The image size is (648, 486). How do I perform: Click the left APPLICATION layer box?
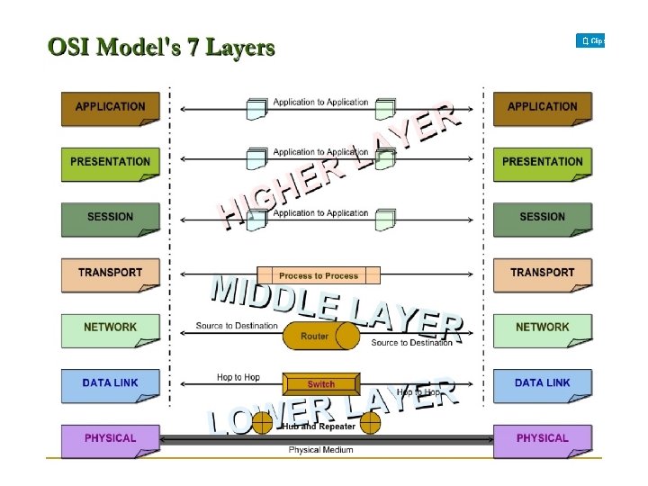click(110, 107)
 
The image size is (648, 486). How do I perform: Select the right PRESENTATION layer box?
click(542, 162)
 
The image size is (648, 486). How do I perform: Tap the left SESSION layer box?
click(110, 217)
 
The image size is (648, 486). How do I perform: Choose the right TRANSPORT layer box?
click(542, 273)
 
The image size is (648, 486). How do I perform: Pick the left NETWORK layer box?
click(110, 328)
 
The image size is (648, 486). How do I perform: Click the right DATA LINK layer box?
click(542, 383)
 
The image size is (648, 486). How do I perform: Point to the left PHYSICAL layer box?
click(110, 438)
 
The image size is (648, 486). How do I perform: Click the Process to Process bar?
click(319, 275)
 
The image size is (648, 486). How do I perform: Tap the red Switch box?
click(321, 383)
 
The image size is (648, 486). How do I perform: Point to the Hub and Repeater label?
click(320, 427)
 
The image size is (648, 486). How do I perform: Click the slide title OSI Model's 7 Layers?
click(161, 47)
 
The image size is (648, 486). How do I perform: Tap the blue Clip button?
click(590, 41)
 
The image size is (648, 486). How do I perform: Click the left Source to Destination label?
click(237, 326)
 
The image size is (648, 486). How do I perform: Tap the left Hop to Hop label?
click(238, 378)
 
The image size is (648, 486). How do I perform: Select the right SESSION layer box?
click(542, 217)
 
